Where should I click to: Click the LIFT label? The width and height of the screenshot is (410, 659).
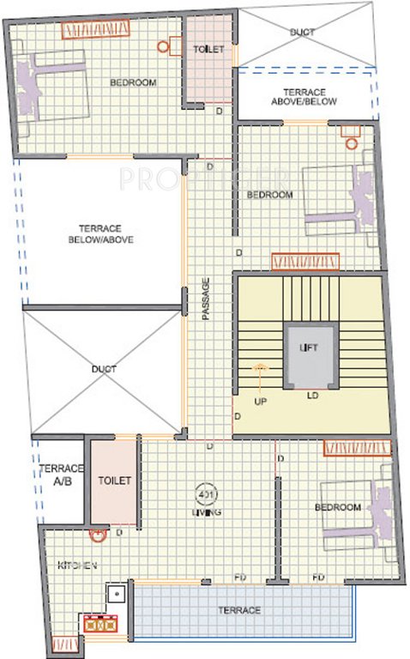pyautogui.click(x=308, y=348)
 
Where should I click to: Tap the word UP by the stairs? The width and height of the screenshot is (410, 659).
pyautogui.click(x=259, y=400)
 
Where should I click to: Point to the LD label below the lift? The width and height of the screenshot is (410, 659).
pyautogui.click(x=314, y=396)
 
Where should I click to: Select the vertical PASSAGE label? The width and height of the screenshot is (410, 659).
pyautogui.click(x=206, y=299)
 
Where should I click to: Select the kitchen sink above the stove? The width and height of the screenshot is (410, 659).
pyautogui.click(x=115, y=594)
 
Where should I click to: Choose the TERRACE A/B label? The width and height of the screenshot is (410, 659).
pyautogui.click(x=61, y=475)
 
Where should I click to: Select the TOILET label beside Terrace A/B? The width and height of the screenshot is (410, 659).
pyautogui.click(x=115, y=481)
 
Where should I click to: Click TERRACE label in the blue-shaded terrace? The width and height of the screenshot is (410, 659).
pyautogui.click(x=240, y=610)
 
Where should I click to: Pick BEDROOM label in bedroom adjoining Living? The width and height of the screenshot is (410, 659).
pyautogui.click(x=337, y=508)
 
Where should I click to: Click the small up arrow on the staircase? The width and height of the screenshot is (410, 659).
pyautogui.click(x=260, y=367)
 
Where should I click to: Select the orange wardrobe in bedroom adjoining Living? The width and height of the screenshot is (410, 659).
pyautogui.click(x=357, y=447)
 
